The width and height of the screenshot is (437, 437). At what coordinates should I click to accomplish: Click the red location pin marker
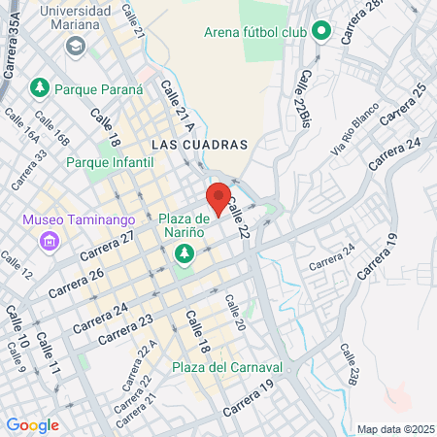click(x=218, y=197)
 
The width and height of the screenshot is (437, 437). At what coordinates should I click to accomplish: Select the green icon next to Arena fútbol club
click(x=321, y=33)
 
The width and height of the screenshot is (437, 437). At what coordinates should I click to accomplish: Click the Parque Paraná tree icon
click(x=40, y=88)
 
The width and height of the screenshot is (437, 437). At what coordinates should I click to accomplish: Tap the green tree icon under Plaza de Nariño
click(x=183, y=254)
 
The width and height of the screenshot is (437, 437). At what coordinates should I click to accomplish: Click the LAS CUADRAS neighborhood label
click(x=200, y=144)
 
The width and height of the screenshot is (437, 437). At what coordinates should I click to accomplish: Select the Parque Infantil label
click(x=110, y=162)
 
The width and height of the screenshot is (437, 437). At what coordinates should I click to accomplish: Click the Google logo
click(x=32, y=424)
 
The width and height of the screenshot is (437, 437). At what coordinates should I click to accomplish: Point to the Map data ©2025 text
click(x=394, y=429)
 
